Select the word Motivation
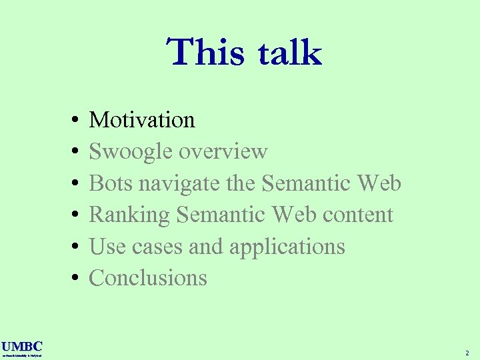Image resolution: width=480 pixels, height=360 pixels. click(142, 119)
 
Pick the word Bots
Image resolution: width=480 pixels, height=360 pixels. click(109, 183)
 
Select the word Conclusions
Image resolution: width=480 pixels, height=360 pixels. click(148, 277)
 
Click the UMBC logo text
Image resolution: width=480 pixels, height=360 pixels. click(22, 346)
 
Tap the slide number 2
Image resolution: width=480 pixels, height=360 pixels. click(467, 352)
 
